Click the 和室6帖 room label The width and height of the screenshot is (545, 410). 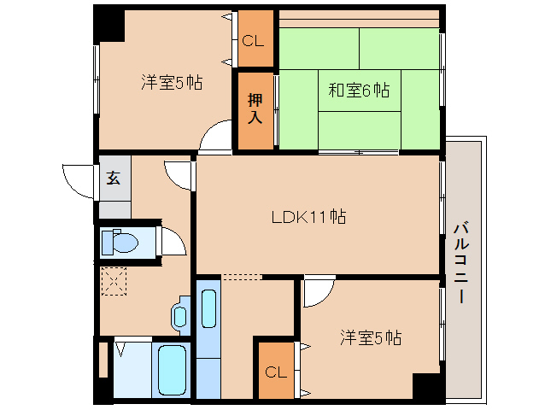359,90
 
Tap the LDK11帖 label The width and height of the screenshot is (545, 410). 308,217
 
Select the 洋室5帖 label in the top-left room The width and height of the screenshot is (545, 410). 171,83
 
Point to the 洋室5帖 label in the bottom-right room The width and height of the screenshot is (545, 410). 371,337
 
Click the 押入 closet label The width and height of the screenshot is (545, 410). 255,108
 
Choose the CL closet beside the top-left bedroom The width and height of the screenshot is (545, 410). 254,40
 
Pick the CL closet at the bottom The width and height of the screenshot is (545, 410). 275,372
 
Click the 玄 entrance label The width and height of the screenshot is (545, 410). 114,179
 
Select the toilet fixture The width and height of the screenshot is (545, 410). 120,243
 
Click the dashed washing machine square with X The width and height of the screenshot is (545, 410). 114,280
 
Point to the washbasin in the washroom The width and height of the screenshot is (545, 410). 180,314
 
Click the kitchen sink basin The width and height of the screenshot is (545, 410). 208,311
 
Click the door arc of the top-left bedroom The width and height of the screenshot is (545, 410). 217,137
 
